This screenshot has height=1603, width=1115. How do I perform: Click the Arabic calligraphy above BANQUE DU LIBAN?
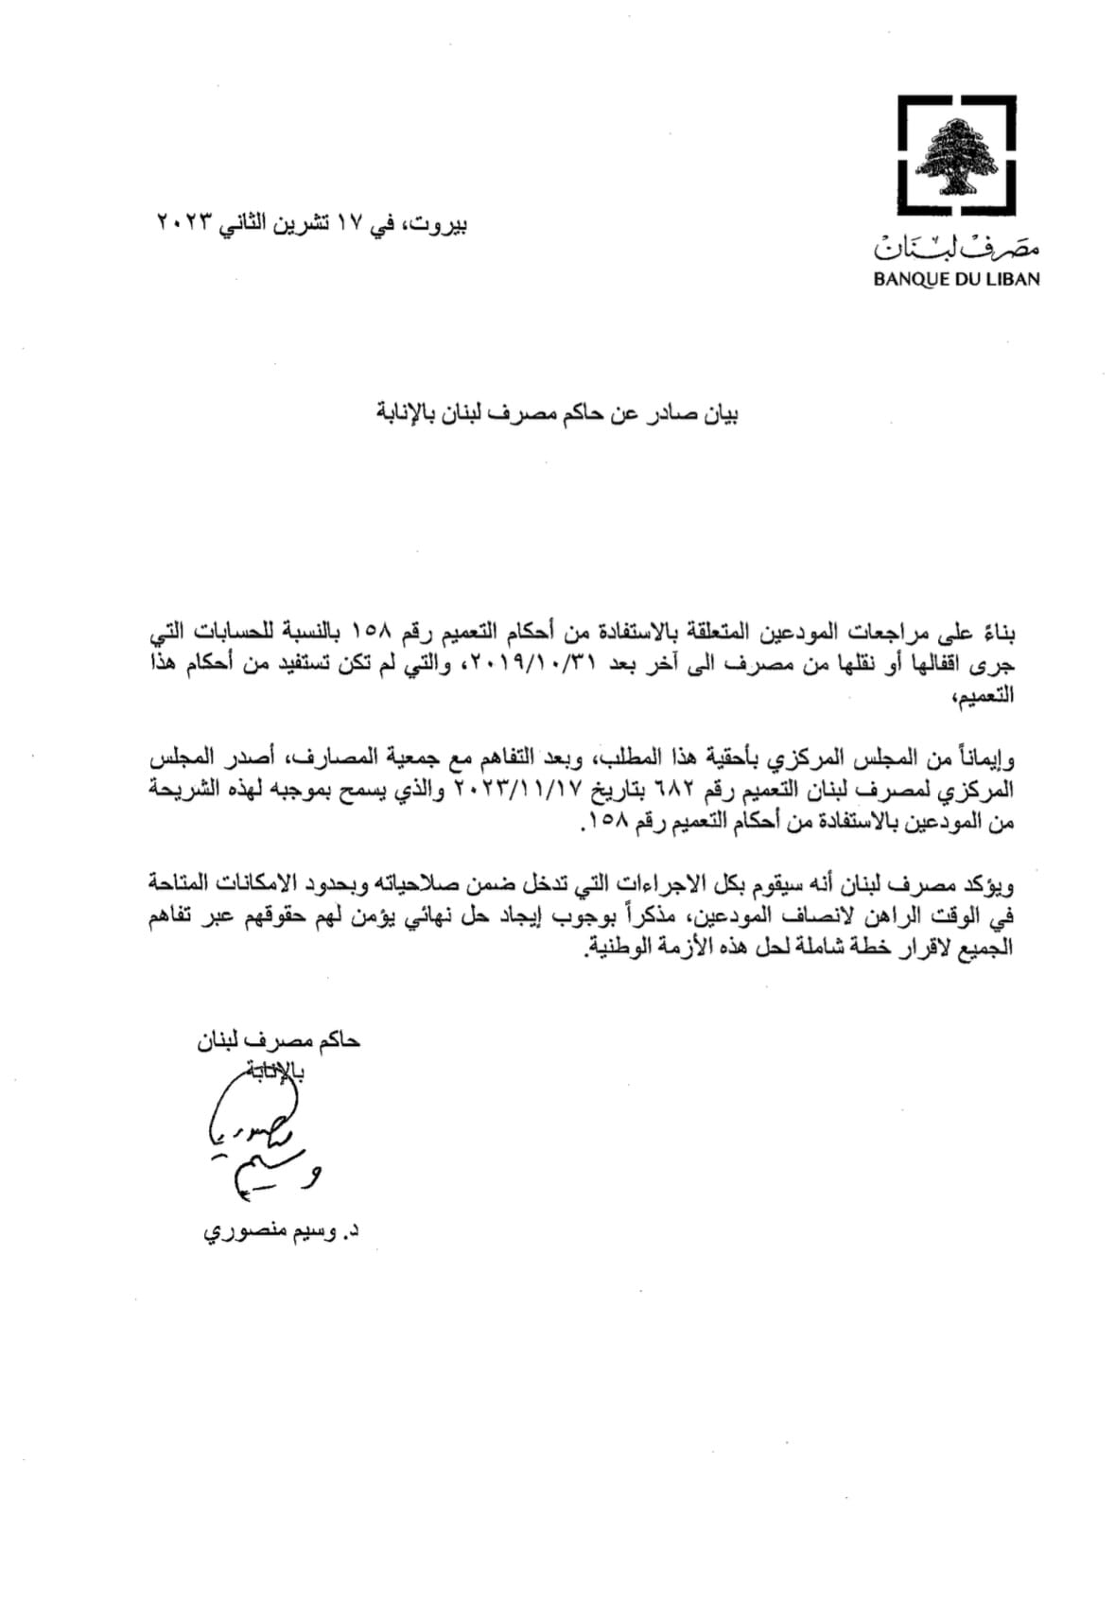coord(956,249)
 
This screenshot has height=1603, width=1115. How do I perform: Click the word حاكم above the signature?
coord(339,1042)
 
